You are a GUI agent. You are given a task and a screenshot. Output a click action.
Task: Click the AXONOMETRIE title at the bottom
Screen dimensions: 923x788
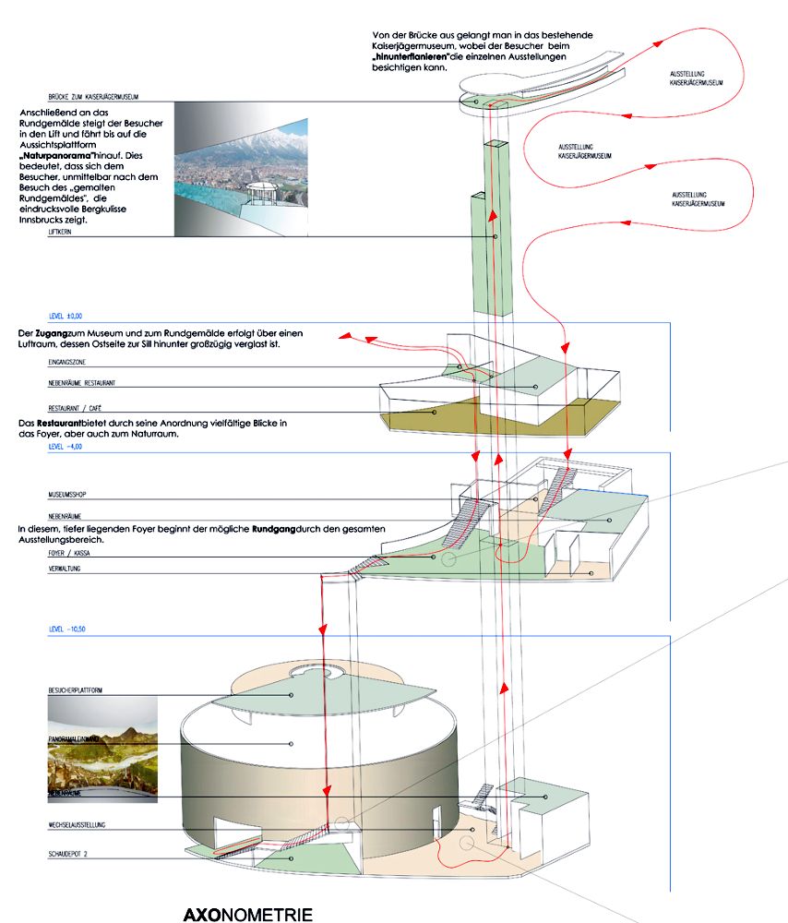click(x=247, y=915)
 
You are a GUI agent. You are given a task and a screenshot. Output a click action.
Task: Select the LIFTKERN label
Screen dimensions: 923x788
click(x=60, y=234)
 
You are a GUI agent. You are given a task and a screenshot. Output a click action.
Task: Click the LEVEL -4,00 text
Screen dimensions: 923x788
click(x=66, y=445)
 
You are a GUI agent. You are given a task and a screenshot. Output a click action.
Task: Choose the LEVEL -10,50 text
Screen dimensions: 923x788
click(x=68, y=629)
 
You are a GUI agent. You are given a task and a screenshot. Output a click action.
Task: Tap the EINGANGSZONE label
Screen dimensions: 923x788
click(x=68, y=365)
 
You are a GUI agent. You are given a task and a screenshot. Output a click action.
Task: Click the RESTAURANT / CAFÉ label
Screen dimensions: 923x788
click(x=77, y=408)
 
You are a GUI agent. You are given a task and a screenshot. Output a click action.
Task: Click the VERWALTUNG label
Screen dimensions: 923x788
click(x=66, y=570)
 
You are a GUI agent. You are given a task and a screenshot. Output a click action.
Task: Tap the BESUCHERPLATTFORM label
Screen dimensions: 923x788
click(x=77, y=690)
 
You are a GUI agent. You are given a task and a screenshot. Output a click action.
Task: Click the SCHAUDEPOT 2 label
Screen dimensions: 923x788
click(x=68, y=856)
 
